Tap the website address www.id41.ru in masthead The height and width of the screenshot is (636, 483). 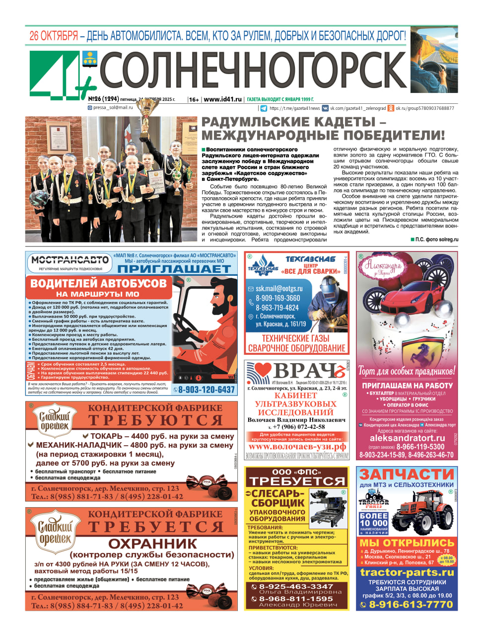click(x=222, y=99)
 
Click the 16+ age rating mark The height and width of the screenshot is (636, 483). click(x=194, y=99)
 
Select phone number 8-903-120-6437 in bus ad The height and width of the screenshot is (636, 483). click(x=206, y=390)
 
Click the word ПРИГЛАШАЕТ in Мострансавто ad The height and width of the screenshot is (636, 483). click(x=174, y=269)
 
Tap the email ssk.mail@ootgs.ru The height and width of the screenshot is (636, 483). click(x=279, y=288)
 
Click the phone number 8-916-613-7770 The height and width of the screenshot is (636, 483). click(x=411, y=605)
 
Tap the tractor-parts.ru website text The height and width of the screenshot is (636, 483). click(x=407, y=572)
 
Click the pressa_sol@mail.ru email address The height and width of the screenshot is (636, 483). click(x=113, y=107)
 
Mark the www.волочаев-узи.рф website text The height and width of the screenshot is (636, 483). click(x=297, y=446)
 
